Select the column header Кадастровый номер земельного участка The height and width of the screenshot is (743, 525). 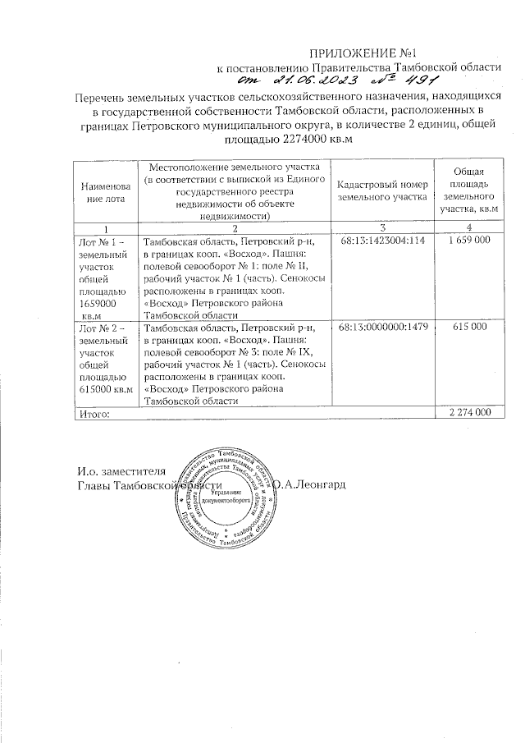click(384, 191)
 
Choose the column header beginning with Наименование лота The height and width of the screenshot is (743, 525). click(104, 191)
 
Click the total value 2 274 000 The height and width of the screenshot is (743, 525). click(468, 412)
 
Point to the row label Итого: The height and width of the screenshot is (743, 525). click(92, 413)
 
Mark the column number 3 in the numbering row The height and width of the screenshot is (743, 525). click(383, 227)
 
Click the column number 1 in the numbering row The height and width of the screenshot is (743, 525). click(105, 227)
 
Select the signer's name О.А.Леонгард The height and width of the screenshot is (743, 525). click(315, 484)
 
